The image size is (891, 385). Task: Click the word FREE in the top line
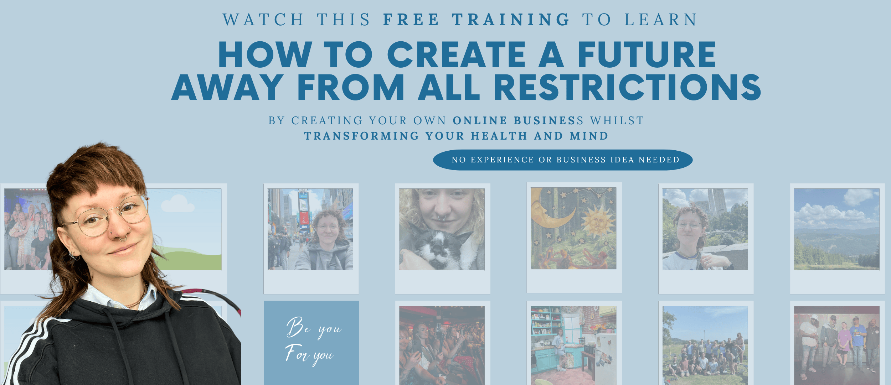point(411,20)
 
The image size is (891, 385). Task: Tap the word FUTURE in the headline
point(647,54)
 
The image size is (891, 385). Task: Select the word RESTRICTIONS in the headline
point(627,87)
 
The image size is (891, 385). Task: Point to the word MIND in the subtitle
point(589,136)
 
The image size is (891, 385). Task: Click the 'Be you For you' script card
point(311,343)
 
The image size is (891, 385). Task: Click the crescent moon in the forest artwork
point(551,210)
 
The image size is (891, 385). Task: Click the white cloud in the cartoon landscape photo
point(177,204)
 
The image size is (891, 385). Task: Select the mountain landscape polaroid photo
point(837,229)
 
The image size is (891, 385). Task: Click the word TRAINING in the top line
point(511,20)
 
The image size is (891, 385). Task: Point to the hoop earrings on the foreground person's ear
point(73,255)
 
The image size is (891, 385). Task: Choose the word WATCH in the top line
point(263,20)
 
